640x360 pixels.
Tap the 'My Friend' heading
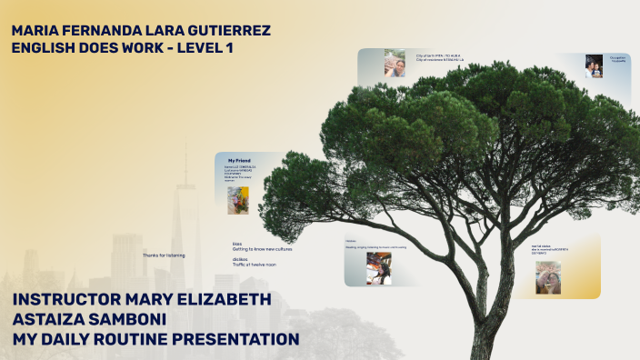pos(238,160)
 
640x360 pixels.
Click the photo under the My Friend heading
pos(238,199)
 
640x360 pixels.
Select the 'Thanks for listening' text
pos(164,255)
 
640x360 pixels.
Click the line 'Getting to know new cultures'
pos(263,248)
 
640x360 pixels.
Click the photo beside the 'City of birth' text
pos(395,63)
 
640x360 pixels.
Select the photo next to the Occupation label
pos(594,65)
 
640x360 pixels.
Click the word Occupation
pos(617,57)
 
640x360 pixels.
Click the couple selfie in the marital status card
pos(548,277)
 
